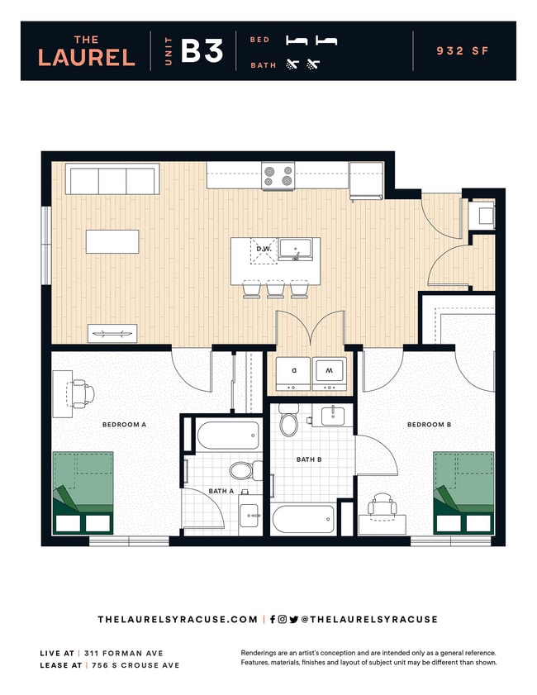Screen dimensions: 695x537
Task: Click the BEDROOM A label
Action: point(124,425)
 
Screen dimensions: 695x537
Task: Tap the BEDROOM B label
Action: point(429,425)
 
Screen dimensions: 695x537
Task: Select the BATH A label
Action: point(221,491)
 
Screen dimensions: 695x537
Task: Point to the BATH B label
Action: point(308,459)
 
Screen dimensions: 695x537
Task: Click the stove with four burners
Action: point(278,175)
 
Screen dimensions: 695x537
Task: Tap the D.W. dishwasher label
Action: point(264,249)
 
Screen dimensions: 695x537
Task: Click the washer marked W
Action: point(329,373)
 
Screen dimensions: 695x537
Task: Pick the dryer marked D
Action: point(292,373)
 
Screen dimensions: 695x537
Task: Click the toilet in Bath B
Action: point(289,421)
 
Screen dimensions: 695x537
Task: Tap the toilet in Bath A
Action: point(240,471)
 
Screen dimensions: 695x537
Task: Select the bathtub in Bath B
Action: point(303,519)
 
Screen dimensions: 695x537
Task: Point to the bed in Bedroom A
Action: point(83,493)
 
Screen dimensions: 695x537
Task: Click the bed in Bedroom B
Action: point(463,493)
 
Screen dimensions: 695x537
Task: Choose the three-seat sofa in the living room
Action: point(112,179)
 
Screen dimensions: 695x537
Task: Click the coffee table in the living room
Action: point(112,241)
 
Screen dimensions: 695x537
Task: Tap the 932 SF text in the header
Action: point(463,51)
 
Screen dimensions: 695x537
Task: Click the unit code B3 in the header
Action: point(202,51)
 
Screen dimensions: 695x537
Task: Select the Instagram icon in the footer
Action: point(282,619)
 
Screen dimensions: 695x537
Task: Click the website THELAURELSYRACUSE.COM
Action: point(178,619)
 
